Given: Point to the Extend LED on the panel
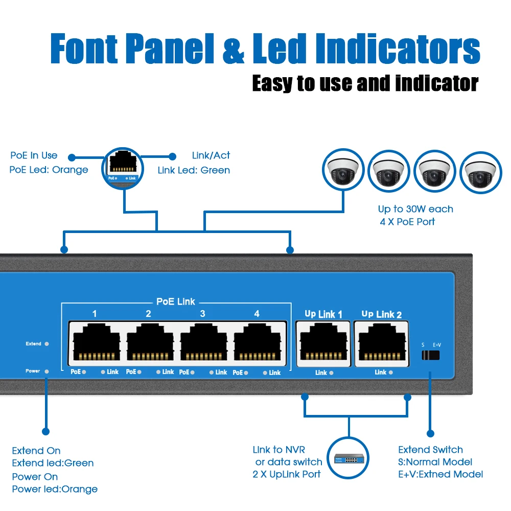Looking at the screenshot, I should pyautogui.click(x=47, y=344).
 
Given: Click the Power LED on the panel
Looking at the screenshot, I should pyautogui.click(x=47, y=371).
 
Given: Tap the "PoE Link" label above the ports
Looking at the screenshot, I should pyautogui.click(x=175, y=301).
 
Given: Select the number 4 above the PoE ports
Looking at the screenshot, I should pyautogui.click(x=257, y=314).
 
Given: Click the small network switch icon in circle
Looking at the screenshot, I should pyautogui.click(x=350, y=458).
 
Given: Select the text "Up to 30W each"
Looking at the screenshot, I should pyautogui.click(x=415, y=209).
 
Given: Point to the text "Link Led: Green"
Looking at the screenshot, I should pyautogui.click(x=194, y=170).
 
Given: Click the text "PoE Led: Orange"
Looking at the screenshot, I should pyautogui.click(x=49, y=170).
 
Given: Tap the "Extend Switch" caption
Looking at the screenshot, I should pyautogui.click(x=430, y=450).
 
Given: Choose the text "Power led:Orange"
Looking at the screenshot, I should pyautogui.click(x=55, y=489).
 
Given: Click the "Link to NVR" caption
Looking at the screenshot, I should pyautogui.click(x=279, y=450).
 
